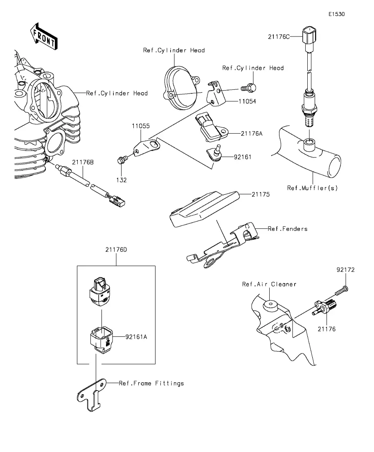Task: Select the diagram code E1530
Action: click(336, 14)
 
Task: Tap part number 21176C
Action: click(279, 37)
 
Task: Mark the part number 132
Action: click(121, 179)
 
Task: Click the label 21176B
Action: click(83, 163)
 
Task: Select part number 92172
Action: click(345, 270)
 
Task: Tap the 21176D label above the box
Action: click(116, 249)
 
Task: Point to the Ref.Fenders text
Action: click(287, 229)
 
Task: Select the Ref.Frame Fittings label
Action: click(151, 383)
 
